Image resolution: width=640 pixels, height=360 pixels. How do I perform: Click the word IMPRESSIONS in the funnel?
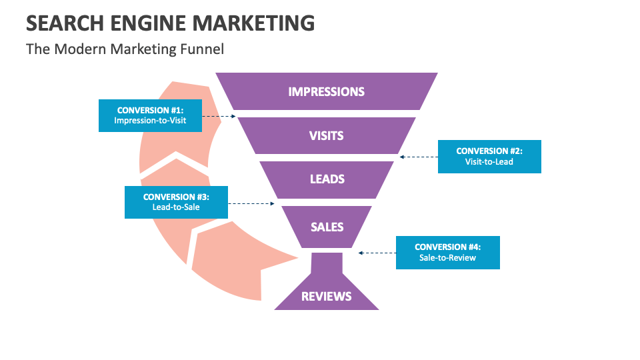(326, 91)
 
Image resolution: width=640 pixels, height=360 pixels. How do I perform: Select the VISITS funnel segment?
(326, 135)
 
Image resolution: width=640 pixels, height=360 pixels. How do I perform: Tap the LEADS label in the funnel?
(327, 179)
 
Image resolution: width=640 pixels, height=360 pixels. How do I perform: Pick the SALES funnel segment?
(327, 227)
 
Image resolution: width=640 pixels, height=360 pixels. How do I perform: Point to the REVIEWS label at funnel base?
(326, 296)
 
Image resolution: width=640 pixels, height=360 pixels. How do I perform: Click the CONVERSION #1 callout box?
(150, 115)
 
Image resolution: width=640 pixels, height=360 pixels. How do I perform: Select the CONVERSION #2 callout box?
(489, 156)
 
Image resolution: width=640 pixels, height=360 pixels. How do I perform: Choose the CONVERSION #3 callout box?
(176, 202)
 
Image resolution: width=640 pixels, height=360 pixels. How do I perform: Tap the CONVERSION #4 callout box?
(447, 252)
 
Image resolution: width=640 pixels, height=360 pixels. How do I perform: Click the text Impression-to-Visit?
(150, 121)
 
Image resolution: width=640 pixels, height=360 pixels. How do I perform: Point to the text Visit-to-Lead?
(489, 161)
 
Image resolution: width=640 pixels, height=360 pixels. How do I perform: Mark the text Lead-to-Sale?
(176, 207)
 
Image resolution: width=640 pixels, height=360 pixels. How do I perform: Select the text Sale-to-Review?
(447, 257)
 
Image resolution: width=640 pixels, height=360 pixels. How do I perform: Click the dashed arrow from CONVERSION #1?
(219, 116)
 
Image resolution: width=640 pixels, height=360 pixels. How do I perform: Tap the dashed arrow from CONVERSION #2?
(419, 157)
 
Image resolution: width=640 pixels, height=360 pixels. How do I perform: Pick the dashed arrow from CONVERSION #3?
(251, 203)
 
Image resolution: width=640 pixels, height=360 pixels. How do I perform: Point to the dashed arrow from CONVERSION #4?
(377, 253)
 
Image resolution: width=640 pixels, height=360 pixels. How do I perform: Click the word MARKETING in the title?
(253, 23)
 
